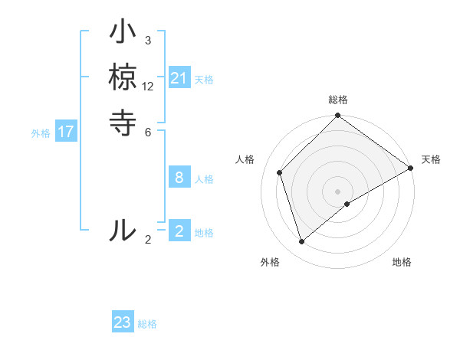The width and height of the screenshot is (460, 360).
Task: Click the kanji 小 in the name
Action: pos(123,34)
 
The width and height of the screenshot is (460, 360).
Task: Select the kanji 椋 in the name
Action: pos(123,78)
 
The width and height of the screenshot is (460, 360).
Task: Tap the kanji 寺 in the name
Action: pos(123,123)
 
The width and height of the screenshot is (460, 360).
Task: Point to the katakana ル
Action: pos(123,230)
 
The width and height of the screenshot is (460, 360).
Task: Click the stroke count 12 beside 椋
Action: pos(148,86)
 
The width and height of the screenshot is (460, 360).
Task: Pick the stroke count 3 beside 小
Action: pos(148,40)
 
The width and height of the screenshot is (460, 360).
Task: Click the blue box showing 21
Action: pos(179,78)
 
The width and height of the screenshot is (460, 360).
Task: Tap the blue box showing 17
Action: pos(66,132)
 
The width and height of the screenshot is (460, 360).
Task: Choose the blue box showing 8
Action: pos(179,178)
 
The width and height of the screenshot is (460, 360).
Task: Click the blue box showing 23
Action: pos(123,322)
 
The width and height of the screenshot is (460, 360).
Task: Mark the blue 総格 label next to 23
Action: pos(147,324)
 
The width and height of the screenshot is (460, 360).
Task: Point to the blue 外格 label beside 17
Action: pos(41,133)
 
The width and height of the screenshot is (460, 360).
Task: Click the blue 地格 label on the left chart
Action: pos(204,233)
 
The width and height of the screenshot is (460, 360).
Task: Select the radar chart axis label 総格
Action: pos(338,100)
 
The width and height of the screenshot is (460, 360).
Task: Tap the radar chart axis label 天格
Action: pos(431,159)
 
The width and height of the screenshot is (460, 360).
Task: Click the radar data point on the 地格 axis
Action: pos(347,204)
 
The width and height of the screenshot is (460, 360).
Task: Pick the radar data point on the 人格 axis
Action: pos(280,172)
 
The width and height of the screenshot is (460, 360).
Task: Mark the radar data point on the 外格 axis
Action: pos(302,242)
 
